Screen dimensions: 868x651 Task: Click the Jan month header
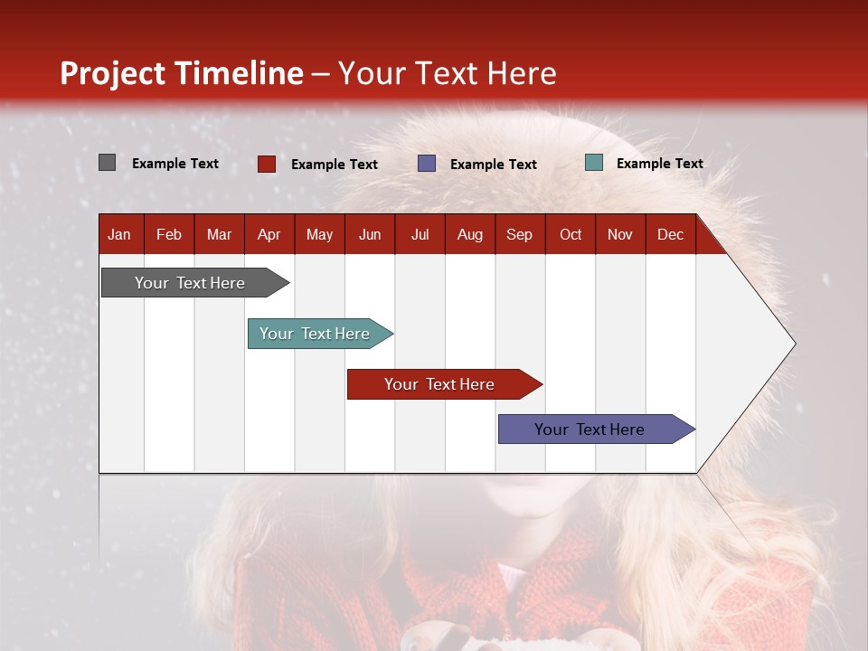pos(119,235)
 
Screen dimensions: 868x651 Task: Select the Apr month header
pos(269,235)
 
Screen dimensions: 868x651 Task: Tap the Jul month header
pos(420,235)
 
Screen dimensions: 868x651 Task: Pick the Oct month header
pos(571,235)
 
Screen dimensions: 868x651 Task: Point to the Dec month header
pos(670,235)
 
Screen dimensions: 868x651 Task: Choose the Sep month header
pos(519,235)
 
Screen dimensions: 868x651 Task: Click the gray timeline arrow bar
pos(195,283)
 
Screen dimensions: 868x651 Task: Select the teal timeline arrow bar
pos(320,334)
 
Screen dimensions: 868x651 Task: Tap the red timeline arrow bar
pos(445,384)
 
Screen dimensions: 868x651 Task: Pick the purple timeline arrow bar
pos(597,429)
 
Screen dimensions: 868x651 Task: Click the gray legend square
pos(107,162)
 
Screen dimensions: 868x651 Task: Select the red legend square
pos(266,164)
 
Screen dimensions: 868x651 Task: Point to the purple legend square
pos(426,164)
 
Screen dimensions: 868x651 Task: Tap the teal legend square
pos(594,162)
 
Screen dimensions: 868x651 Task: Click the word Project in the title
pos(112,73)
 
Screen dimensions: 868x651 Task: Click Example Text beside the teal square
pos(660,164)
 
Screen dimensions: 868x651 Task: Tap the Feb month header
pos(169,235)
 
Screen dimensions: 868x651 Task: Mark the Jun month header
pos(370,235)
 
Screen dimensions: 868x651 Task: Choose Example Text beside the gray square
pos(175,164)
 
